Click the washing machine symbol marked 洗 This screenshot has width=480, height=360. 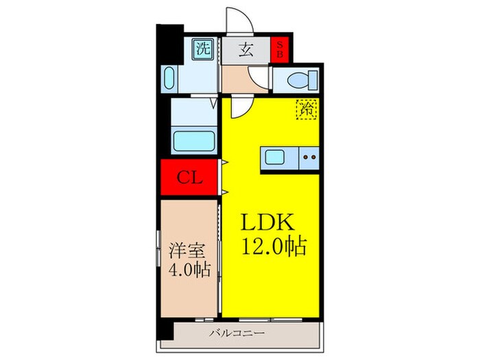click(x=202, y=49)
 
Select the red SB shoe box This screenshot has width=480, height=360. click(x=280, y=49)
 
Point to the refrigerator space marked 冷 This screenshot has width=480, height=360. click(x=307, y=108)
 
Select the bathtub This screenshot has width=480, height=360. click(x=194, y=141)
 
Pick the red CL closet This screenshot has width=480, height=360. click(x=189, y=178)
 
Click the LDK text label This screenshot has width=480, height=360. click(x=267, y=224)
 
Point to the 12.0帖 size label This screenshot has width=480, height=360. click(x=272, y=245)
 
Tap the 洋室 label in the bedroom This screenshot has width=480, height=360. click(x=185, y=248)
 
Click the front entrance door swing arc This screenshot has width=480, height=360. click(x=235, y=19)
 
